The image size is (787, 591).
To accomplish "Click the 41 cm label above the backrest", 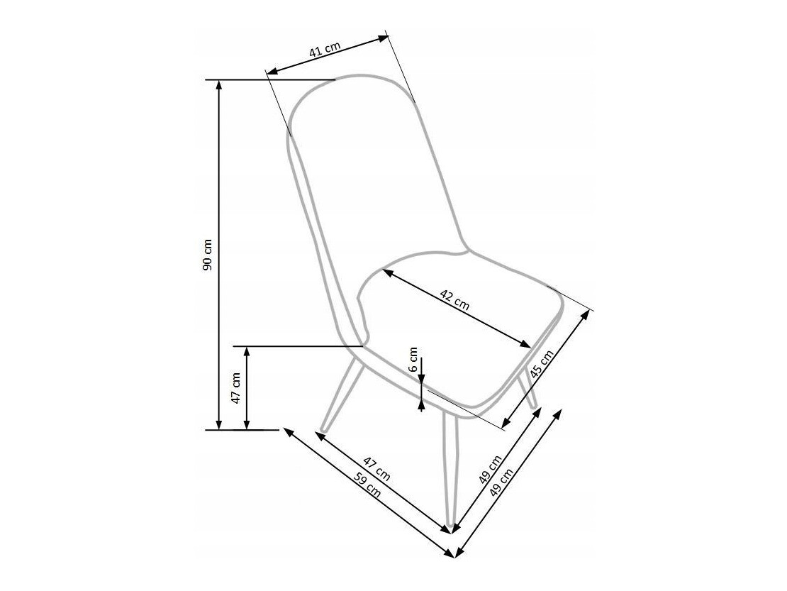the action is (325, 49).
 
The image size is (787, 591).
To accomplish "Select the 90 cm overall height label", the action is (208, 255).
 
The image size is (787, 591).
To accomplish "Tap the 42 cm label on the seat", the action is (454, 300).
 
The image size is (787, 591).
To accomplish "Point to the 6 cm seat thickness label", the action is (413, 359).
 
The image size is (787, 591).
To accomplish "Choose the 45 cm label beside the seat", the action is (542, 364).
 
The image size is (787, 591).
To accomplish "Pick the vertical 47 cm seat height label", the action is (236, 387).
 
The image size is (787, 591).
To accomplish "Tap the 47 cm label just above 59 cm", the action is (377, 468).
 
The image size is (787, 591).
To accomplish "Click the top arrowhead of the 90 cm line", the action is (219, 84).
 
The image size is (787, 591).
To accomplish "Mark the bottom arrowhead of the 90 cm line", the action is (219, 425).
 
